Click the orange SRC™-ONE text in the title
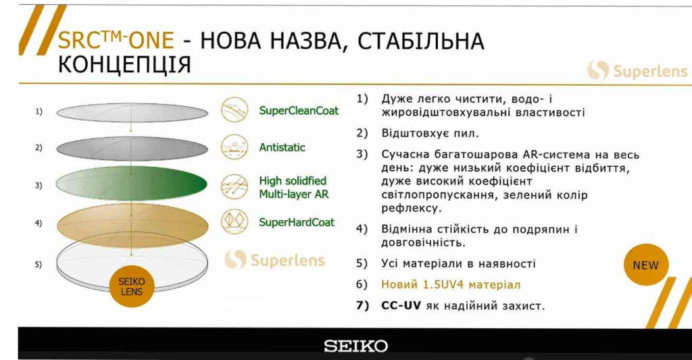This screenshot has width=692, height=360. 116,40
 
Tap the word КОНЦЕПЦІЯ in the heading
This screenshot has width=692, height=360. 124,65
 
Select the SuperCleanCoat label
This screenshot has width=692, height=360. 299,110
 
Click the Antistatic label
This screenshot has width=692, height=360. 282,147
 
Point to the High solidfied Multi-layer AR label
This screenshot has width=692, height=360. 294,188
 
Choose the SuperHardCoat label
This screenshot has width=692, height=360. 297,222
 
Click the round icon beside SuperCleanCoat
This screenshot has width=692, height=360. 234,110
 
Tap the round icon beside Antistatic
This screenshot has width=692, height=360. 234,147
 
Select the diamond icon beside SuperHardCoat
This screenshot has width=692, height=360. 234,222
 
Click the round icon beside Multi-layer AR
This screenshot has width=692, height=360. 234,186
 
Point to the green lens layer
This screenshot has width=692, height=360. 132,184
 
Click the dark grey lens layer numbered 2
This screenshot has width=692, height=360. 132,149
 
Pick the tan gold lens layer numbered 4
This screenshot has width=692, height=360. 132,225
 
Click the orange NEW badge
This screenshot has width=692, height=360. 646,265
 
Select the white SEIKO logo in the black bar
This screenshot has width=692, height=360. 355,346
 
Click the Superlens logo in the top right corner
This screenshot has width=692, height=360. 637,71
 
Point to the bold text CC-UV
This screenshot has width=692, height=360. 401,306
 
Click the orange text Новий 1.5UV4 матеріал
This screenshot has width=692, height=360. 451,284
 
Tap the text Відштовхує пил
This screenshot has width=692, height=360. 430,133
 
